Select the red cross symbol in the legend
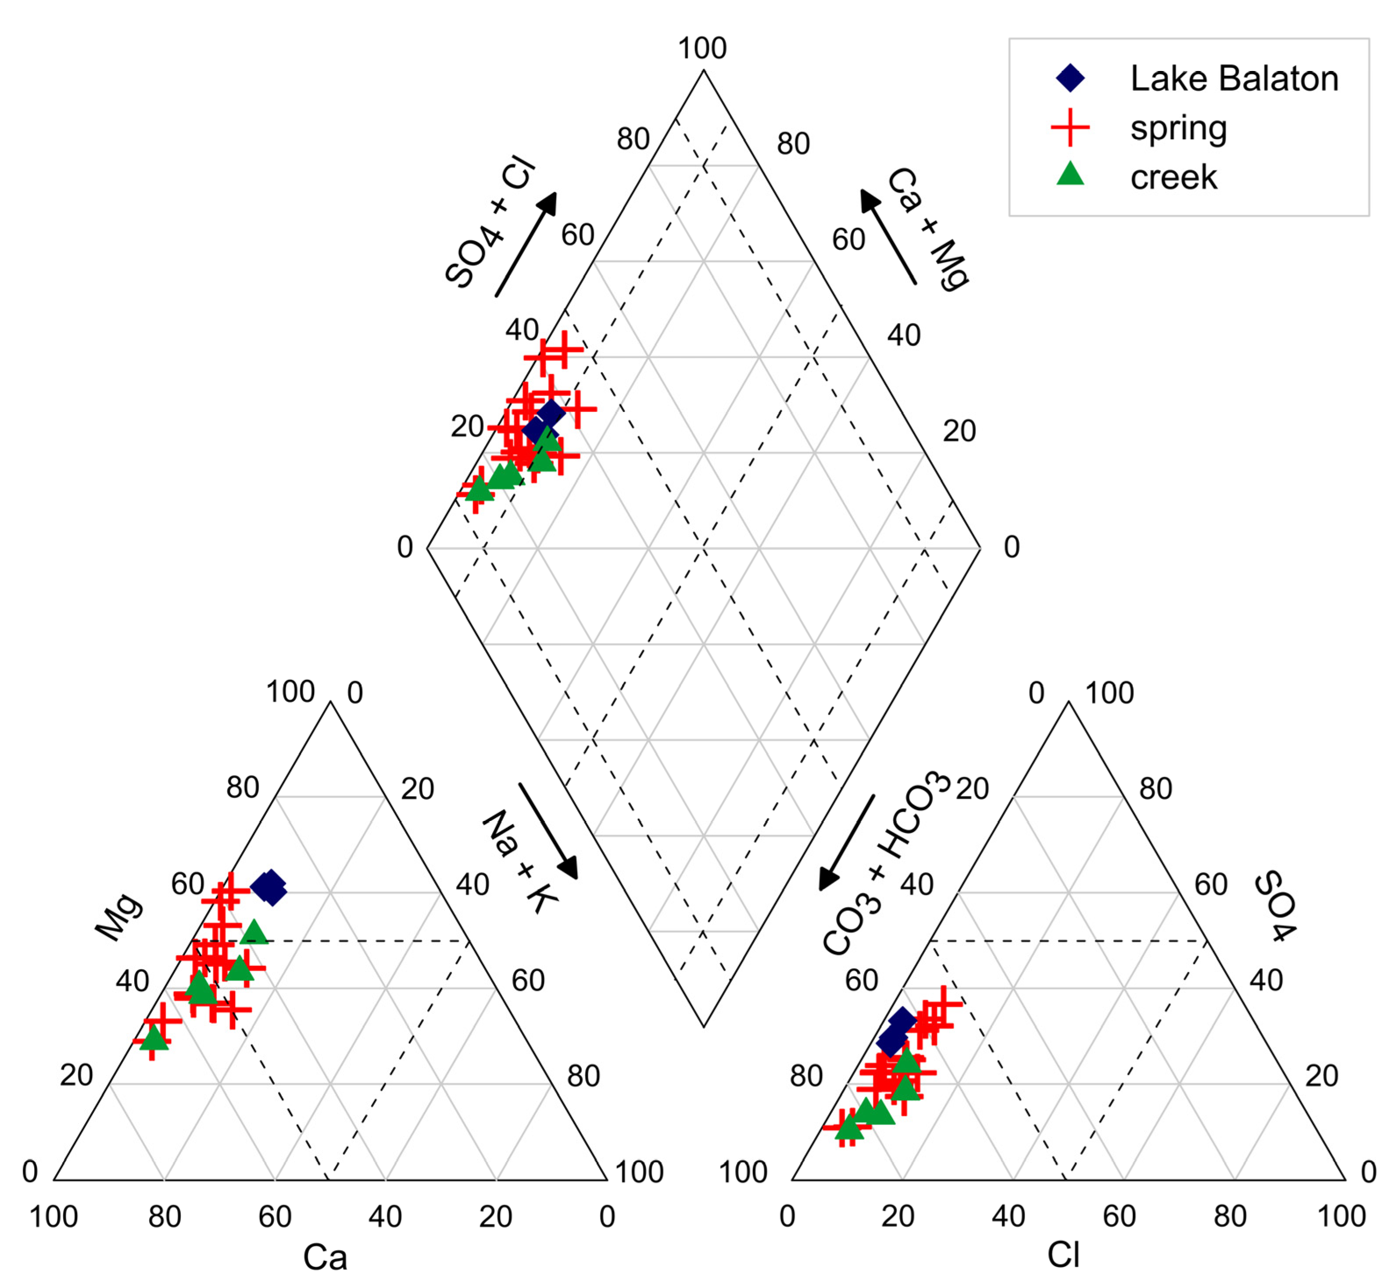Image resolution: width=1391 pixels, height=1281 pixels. coord(1070,128)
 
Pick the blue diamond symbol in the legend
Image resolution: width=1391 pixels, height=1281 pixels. coord(1070,78)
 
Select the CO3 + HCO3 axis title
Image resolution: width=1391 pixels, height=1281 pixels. coord(886,863)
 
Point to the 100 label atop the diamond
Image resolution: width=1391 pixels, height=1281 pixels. coord(702,49)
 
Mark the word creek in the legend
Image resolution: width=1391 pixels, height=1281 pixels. coord(1173,178)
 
